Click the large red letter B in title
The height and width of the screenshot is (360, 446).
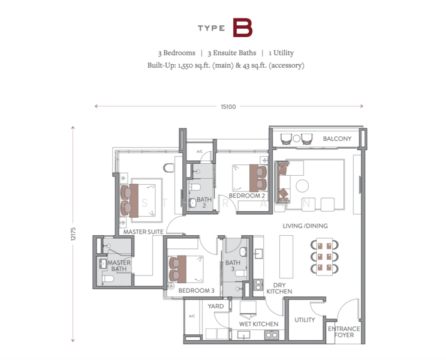click(242, 28)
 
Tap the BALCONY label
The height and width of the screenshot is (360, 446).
click(337, 139)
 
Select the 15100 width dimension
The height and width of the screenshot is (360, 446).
click(228, 107)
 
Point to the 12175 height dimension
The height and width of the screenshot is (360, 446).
click(73, 233)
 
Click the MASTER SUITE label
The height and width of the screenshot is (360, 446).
click(144, 231)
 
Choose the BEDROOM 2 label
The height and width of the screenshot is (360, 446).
click(246, 196)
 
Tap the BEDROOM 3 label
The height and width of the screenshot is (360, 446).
click(196, 290)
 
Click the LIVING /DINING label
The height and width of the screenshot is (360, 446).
click(305, 226)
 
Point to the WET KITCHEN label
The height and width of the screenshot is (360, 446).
click(258, 324)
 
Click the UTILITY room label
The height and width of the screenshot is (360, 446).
click(305, 320)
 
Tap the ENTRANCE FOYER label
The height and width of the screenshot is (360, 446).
click(343, 332)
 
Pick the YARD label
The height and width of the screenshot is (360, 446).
click(215, 306)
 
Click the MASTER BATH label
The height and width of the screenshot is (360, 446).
click(119, 265)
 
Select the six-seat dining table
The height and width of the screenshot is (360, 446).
click(324, 256)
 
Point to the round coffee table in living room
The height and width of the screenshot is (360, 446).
click(304, 184)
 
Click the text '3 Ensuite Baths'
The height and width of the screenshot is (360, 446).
click(234, 53)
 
